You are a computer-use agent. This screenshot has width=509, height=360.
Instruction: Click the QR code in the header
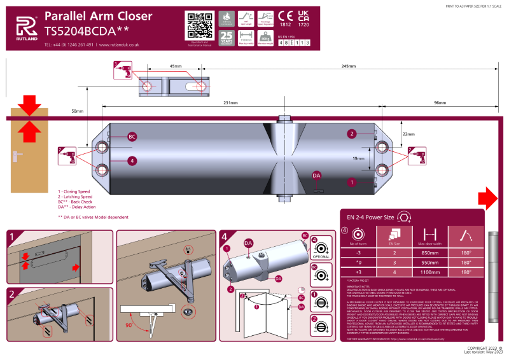(x=199, y=25)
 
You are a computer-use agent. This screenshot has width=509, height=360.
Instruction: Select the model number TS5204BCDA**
(x=87, y=29)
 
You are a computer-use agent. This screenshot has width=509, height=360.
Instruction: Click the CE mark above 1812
(x=286, y=16)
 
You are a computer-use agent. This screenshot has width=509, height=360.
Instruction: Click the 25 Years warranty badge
(x=227, y=39)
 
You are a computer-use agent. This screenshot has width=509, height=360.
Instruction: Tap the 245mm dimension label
(x=349, y=66)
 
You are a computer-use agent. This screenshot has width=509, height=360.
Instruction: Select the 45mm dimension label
(x=175, y=66)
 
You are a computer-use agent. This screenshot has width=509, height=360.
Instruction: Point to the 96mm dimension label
(x=440, y=102)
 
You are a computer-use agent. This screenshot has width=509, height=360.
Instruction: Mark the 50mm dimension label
(x=77, y=111)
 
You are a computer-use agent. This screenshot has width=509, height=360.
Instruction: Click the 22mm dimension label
(x=408, y=134)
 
